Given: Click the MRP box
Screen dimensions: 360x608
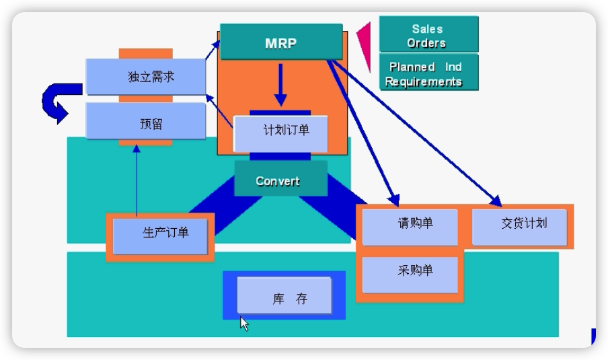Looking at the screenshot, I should (281, 42).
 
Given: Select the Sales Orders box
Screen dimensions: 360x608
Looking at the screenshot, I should (428, 35).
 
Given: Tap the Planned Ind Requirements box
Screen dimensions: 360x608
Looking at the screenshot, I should (428, 73).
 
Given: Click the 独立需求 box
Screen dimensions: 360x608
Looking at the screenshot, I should (146, 77).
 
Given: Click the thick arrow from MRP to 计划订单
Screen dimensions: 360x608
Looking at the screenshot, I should (280, 87).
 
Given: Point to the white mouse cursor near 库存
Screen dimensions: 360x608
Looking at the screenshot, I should (244, 324).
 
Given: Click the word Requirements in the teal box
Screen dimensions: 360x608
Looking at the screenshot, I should (424, 81).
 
